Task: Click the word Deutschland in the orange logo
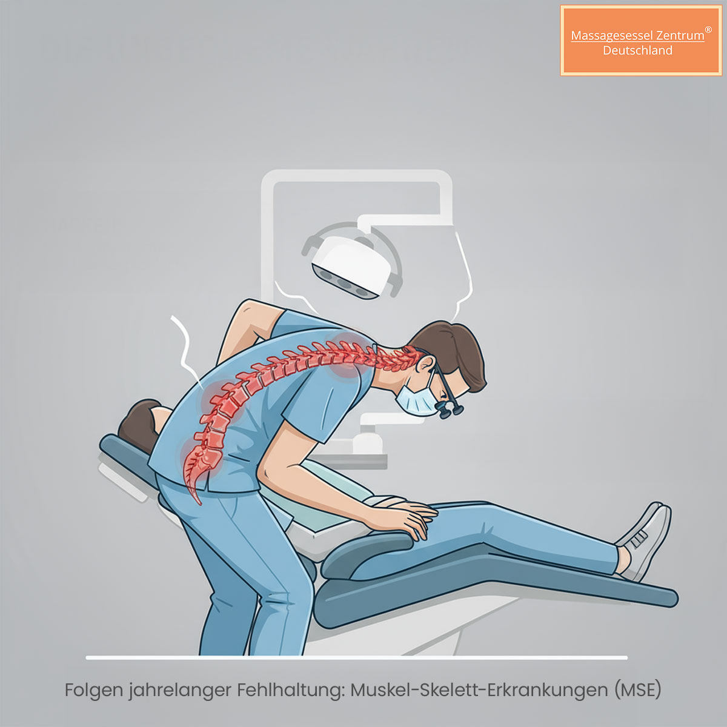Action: pyautogui.click(x=637, y=50)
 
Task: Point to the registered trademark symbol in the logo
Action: pyautogui.click(x=708, y=30)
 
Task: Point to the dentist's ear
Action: pyautogui.click(x=425, y=363)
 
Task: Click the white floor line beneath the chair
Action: pyautogui.click(x=356, y=658)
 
